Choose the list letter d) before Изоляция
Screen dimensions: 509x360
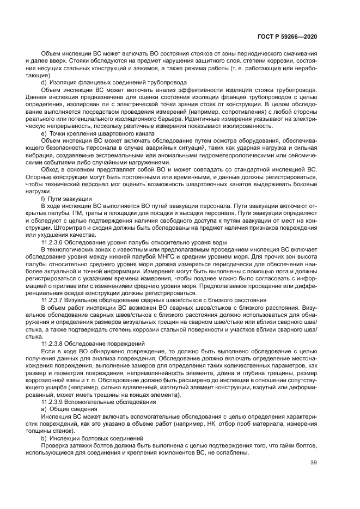[44, 82]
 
